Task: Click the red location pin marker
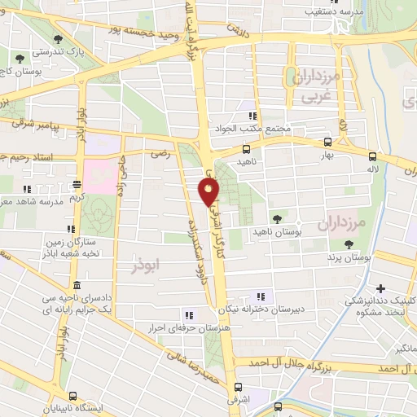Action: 208,192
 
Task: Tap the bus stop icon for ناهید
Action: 246,149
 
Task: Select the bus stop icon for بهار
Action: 327,140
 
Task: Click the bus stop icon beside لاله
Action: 373,156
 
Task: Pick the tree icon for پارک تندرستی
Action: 56,38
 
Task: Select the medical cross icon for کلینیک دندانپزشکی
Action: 381,288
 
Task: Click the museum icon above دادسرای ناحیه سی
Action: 77,285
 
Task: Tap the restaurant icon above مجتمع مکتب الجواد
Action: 253,116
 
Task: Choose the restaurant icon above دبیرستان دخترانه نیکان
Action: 261,296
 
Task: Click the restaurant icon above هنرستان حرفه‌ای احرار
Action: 189,315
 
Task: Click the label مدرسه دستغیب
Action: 308,11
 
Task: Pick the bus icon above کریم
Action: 77,184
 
